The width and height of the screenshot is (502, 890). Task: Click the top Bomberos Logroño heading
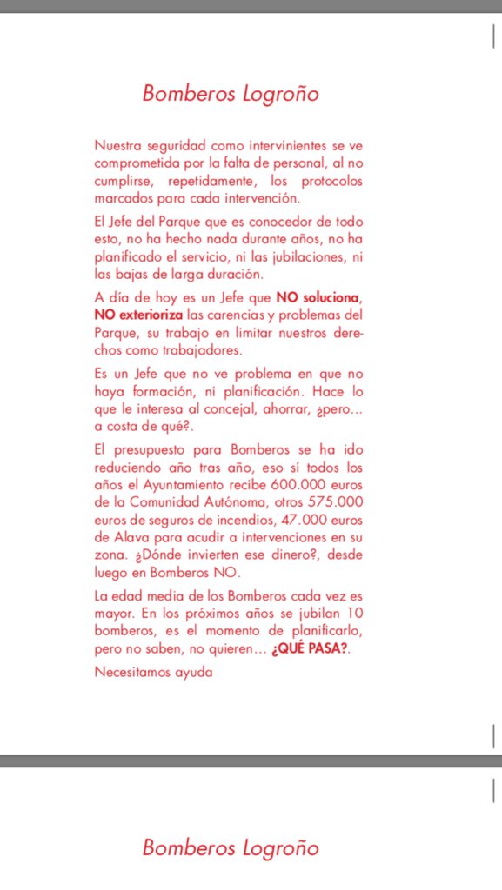click(231, 94)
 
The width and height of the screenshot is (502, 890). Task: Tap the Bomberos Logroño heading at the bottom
click(231, 847)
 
